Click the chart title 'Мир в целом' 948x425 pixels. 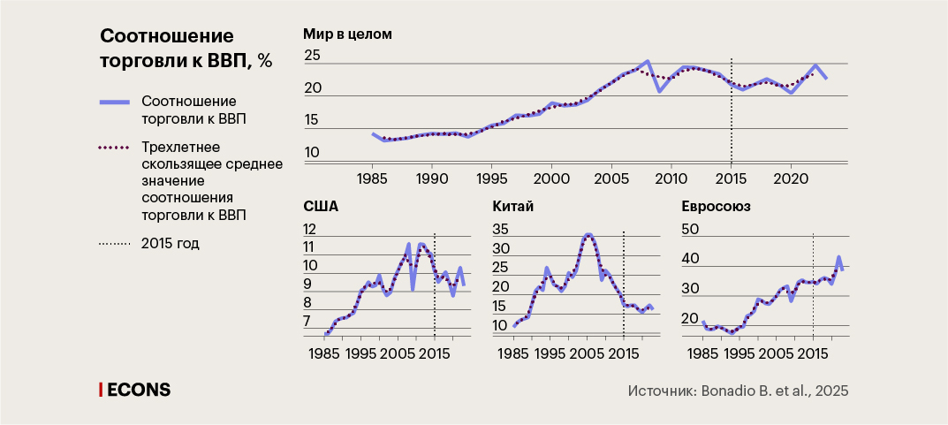[x=347, y=35]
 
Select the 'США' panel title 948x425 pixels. [x=321, y=209]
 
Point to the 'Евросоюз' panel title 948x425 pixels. [x=717, y=209]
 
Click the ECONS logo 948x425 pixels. [x=134, y=390]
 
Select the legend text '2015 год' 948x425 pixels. [x=171, y=243]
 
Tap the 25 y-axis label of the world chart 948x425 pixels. [x=313, y=57]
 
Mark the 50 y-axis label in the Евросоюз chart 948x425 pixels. [x=690, y=230]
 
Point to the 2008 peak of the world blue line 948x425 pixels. [x=647, y=61]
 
